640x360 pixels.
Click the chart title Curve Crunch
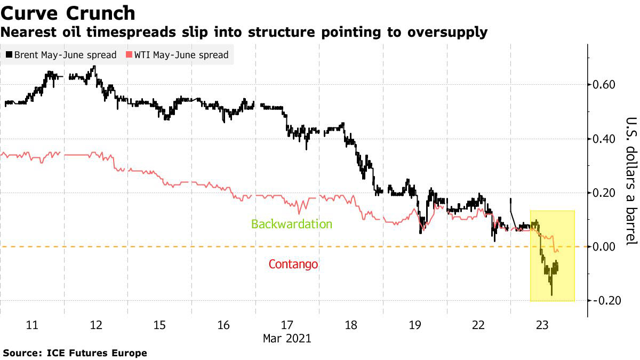coord(68,12)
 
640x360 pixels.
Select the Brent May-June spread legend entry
coord(61,55)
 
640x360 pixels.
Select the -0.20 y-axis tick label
coord(604,301)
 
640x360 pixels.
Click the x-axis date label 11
coord(32,325)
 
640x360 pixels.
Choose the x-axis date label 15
coord(159,325)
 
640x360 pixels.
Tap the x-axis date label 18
coord(351,325)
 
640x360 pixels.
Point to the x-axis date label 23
coord(542,325)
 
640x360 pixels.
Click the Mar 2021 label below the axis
coord(287,338)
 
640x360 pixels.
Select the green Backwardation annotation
coord(291,224)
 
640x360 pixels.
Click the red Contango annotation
coord(293,265)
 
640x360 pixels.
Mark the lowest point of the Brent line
coord(551,295)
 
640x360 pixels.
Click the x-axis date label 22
coord(478,325)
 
